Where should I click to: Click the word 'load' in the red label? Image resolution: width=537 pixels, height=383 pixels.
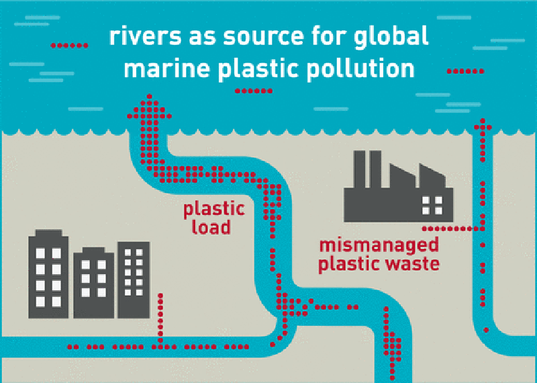(x=211, y=227)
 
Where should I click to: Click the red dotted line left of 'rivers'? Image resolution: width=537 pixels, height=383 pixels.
(x=70, y=45)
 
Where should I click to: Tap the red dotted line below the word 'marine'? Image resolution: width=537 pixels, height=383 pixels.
(x=253, y=91)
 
